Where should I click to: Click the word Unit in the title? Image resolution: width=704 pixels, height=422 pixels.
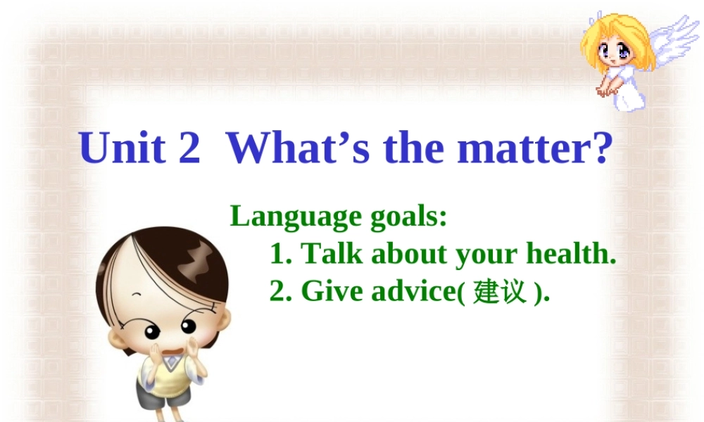(123, 148)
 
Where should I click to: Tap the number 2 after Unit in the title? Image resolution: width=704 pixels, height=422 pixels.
(189, 148)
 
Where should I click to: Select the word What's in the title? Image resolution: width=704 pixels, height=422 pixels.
(298, 148)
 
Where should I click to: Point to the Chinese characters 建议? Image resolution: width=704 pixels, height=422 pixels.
(500, 291)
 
